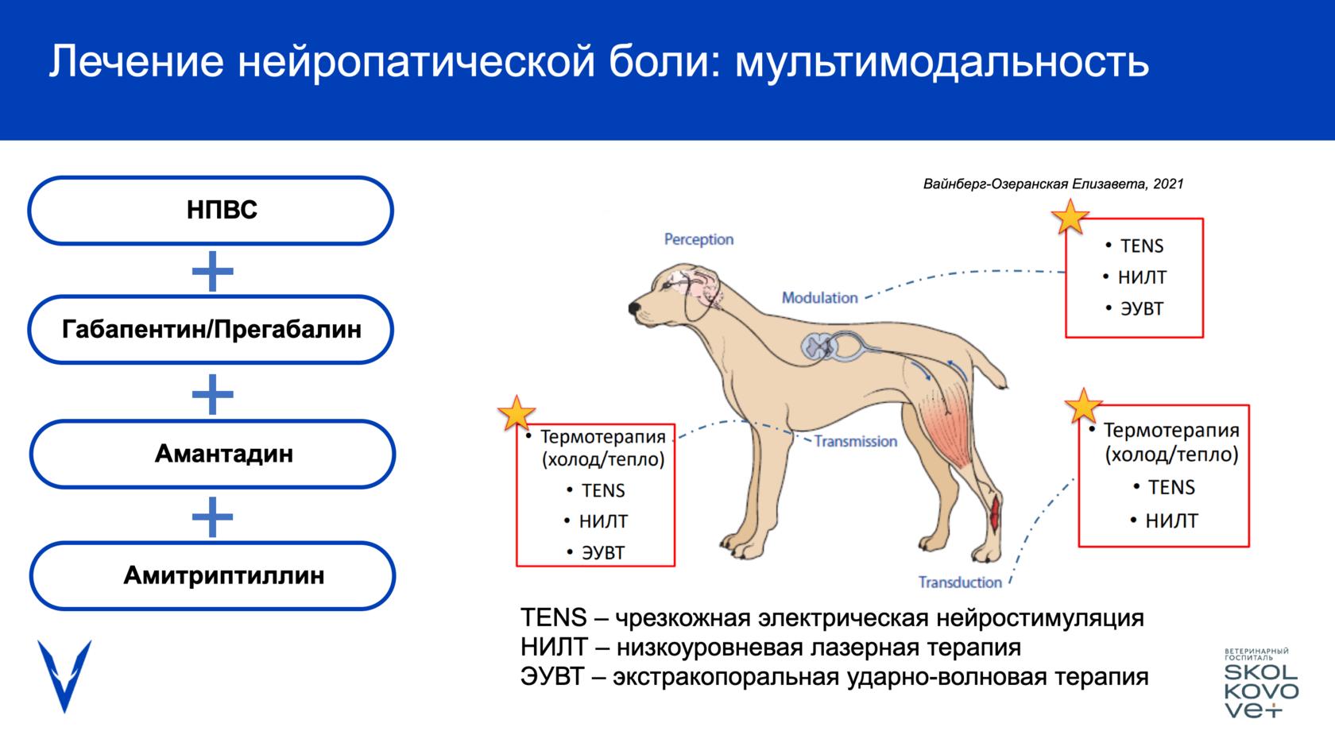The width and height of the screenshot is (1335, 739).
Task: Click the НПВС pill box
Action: pos(211,211)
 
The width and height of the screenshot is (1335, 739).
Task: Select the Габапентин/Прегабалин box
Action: pos(211,329)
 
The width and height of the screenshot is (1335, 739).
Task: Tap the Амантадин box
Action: pos(212,454)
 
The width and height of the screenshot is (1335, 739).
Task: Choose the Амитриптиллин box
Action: pos(212,575)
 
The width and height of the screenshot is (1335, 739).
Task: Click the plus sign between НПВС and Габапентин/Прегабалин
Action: pos(212,271)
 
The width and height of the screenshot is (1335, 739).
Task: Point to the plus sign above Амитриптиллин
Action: pos(212,517)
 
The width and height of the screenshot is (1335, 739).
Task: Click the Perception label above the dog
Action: pos(698,239)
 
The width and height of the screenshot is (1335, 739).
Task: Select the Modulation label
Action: pos(819,298)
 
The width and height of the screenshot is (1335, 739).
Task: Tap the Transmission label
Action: pos(855,441)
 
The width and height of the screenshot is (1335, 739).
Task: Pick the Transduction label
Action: pos(960,582)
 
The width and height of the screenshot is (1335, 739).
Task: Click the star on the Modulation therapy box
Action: pos(1070,217)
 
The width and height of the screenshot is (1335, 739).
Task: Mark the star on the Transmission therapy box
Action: pos(517,413)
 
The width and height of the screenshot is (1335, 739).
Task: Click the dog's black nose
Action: pos(634,308)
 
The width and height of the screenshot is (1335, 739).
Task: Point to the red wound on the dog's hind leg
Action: pos(994,513)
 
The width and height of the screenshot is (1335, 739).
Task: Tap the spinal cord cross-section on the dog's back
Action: pos(818,346)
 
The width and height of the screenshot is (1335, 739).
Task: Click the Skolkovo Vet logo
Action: pos(1260,683)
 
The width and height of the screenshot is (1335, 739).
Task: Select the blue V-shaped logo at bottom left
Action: pos(64,675)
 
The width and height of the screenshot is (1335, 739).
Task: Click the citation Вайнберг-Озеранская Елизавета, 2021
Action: pos(1053,184)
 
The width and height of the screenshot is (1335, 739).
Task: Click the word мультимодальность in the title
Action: pos(942,62)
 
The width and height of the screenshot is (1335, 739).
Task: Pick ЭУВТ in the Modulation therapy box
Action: pos(1141,308)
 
